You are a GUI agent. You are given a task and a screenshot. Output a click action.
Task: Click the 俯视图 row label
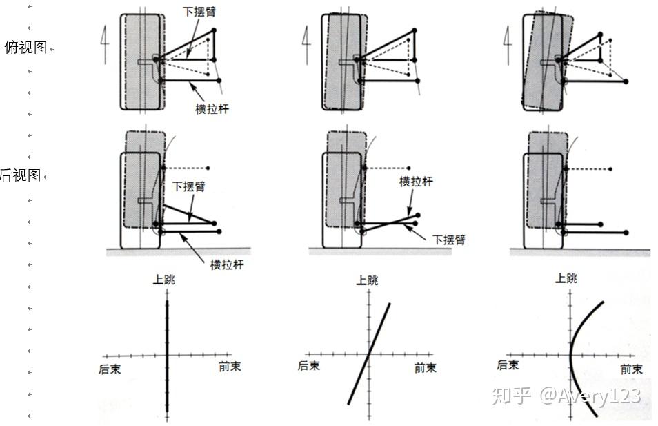pyautogui.click(x=26, y=47)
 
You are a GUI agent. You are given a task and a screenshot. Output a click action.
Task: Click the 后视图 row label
pyautogui.click(x=21, y=175)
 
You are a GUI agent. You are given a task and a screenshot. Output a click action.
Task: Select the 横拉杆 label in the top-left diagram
pyautogui.click(x=211, y=108)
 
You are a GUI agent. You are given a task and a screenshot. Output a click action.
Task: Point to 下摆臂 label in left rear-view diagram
pyautogui.click(x=188, y=187)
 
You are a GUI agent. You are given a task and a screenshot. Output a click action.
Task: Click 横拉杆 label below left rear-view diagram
pyautogui.click(x=226, y=264)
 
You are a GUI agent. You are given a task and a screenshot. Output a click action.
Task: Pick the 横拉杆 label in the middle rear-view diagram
pyautogui.click(x=416, y=182)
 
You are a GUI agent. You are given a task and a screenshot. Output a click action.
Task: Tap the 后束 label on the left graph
pyautogui.click(x=110, y=369)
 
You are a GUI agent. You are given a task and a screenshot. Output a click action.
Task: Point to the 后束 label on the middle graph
pyautogui.click(x=309, y=365)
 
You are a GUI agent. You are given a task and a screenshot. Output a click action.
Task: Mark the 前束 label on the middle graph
pyautogui.click(x=426, y=368)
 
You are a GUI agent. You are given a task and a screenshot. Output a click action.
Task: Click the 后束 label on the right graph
pyautogui.click(x=508, y=365)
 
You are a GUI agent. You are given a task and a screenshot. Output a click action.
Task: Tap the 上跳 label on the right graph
pyautogui.click(x=566, y=278)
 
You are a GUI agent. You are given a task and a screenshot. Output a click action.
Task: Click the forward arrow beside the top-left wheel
pyautogui.click(x=106, y=46)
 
